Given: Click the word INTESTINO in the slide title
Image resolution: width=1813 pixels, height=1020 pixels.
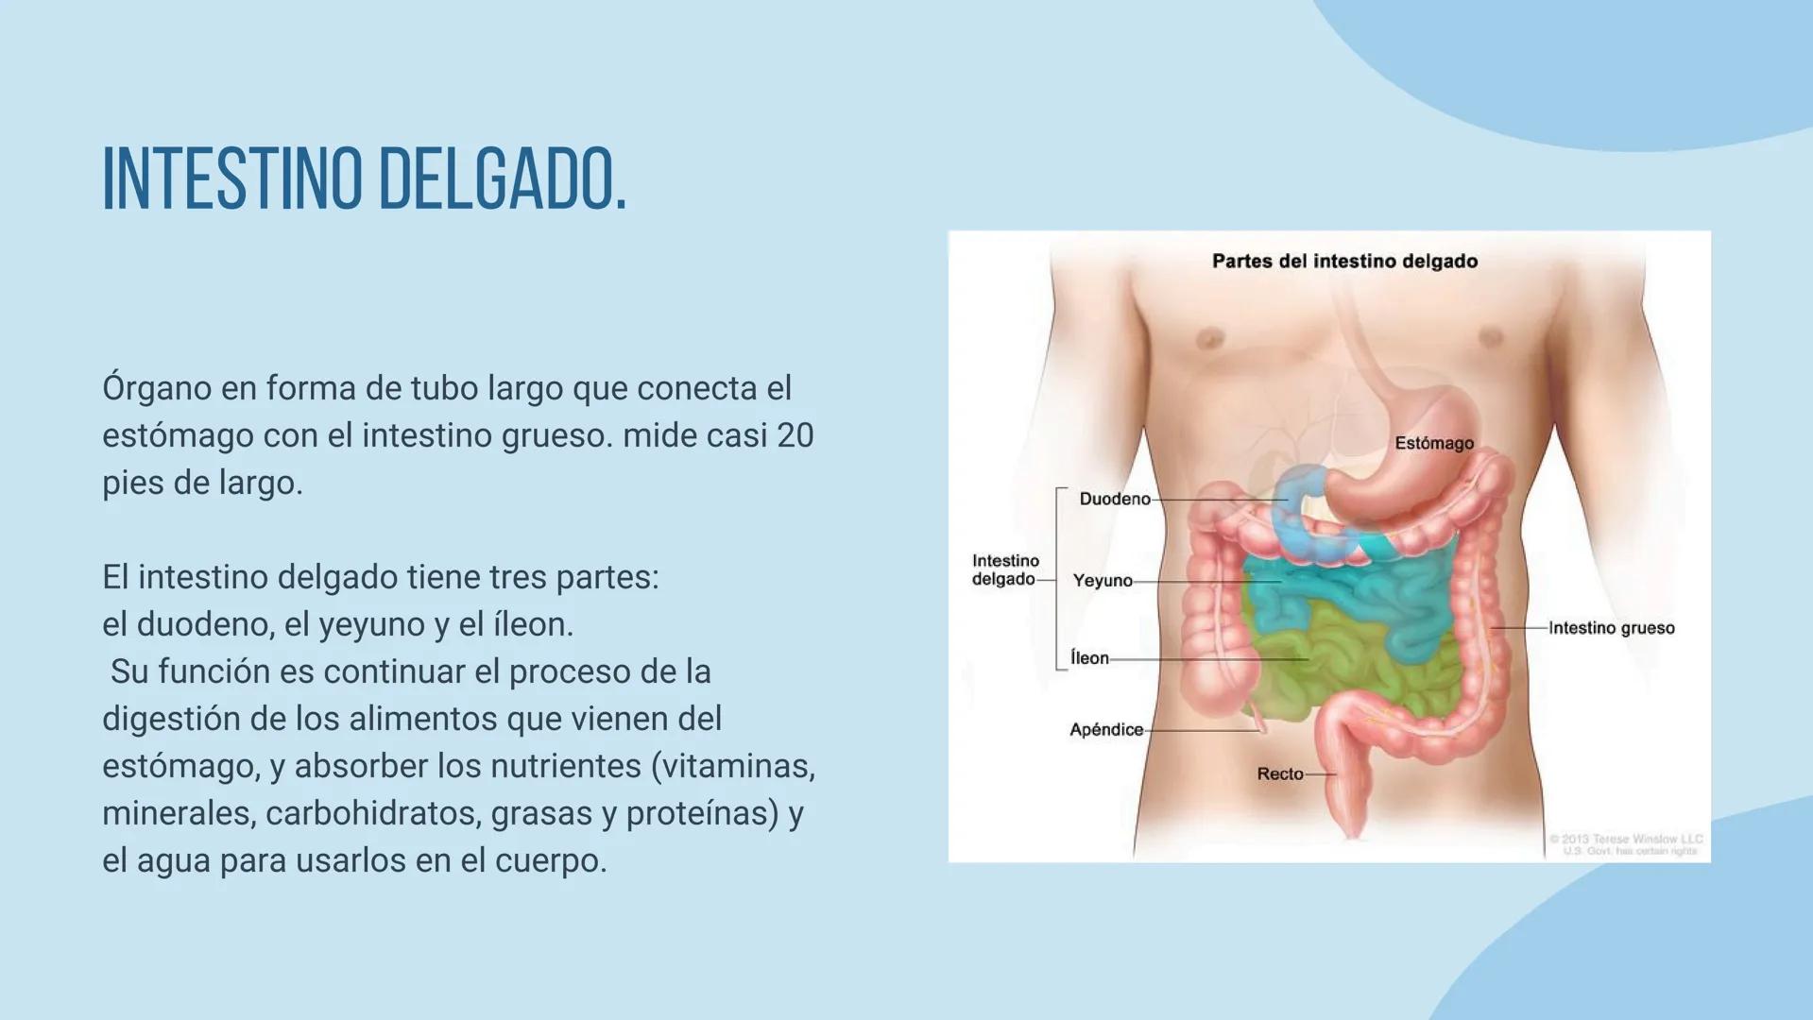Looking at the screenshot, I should tap(231, 178).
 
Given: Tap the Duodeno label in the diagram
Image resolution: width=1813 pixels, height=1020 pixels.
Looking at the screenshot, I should tap(1115, 499).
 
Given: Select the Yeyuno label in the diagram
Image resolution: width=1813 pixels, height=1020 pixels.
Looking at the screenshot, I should tap(1103, 581).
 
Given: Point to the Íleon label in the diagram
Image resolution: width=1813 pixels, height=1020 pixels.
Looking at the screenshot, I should tap(1089, 658).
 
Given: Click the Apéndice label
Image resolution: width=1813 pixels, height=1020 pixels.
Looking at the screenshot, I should tap(1106, 729).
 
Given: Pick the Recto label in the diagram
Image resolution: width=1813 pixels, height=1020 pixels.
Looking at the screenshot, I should tap(1280, 773).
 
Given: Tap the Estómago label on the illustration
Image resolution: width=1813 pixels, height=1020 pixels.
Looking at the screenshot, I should tap(1434, 443).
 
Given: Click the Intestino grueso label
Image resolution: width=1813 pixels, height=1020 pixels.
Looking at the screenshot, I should tap(1612, 628).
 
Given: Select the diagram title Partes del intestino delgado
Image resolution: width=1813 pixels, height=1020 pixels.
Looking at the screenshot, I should tap(1344, 262).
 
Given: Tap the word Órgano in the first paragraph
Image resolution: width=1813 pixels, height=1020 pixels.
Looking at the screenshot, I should tap(157, 388).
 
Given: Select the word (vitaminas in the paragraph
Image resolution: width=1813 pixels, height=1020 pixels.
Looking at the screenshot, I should tap(733, 766).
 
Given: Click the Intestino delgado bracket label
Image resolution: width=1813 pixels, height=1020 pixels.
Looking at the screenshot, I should tap(1004, 569).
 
